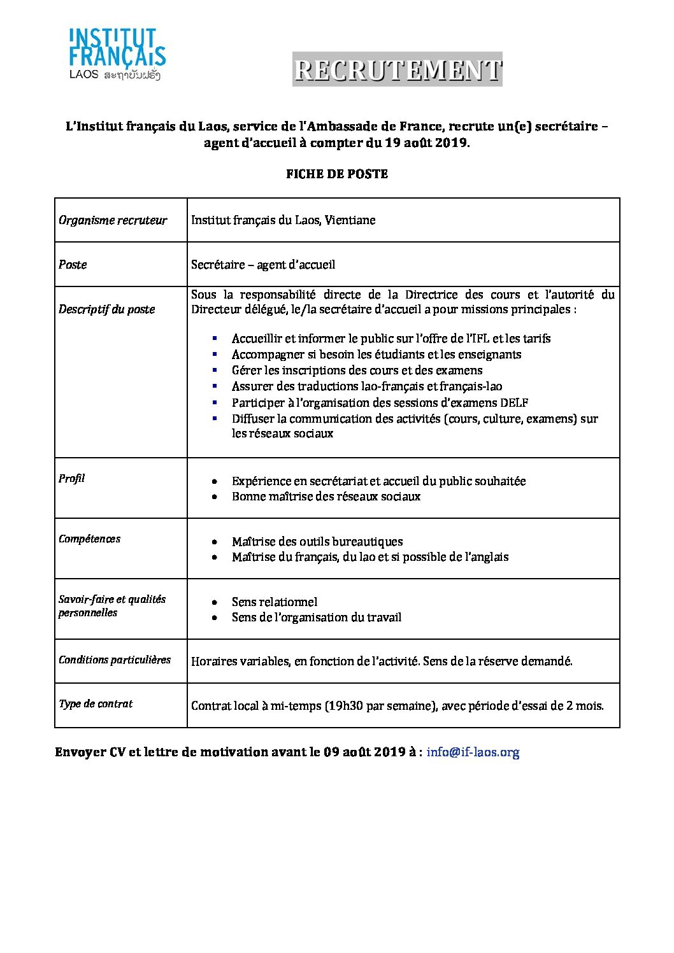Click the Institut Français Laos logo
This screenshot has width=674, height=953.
point(117,55)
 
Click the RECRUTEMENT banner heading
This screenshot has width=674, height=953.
point(398,69)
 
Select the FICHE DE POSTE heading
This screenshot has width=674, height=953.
point(337,174)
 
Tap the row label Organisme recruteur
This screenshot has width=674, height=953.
point(113,220)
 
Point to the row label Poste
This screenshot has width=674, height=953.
point(73,264)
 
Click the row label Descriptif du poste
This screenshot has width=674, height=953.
point(107,309)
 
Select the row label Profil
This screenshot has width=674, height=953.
point(71,478)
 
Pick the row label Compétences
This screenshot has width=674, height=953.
point(89,539)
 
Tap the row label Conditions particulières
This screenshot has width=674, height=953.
point(115,660)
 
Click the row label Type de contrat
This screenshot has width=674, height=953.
point(96,703)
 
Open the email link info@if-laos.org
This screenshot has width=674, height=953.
point(473,752)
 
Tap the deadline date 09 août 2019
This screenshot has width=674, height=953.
point(364,752)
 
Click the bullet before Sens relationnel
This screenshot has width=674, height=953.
point(217,602)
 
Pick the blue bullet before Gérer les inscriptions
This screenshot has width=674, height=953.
point(215,370)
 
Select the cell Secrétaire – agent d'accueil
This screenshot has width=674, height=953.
point(263,264)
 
